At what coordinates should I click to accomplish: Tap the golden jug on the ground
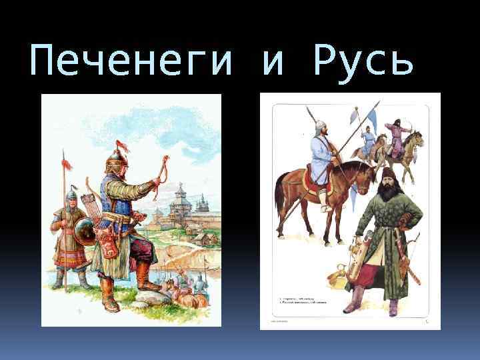336,273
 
